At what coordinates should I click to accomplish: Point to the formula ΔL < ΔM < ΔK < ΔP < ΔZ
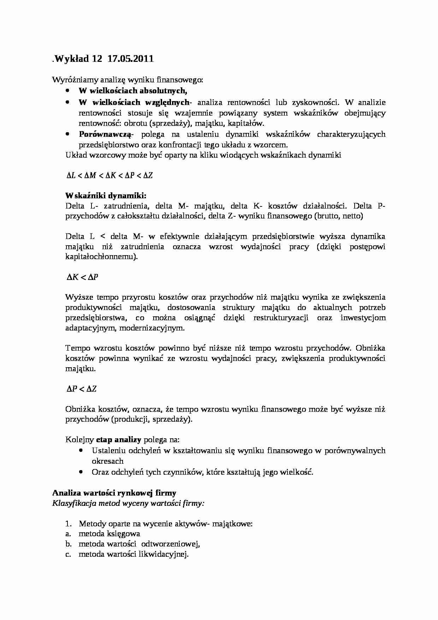point(109,175)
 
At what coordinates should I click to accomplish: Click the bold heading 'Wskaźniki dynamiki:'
point(106,196)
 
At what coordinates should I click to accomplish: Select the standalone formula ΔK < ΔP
point(82,277)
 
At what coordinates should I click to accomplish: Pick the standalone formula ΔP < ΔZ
point(82,389)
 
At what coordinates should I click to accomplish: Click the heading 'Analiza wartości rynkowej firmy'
point(114,493)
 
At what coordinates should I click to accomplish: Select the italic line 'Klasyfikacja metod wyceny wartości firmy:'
point(128,503)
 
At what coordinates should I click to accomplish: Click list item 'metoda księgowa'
point(109,534)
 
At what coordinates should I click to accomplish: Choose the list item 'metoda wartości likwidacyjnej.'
point(134,554)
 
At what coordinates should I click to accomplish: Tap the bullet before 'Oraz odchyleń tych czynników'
point(82,472)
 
